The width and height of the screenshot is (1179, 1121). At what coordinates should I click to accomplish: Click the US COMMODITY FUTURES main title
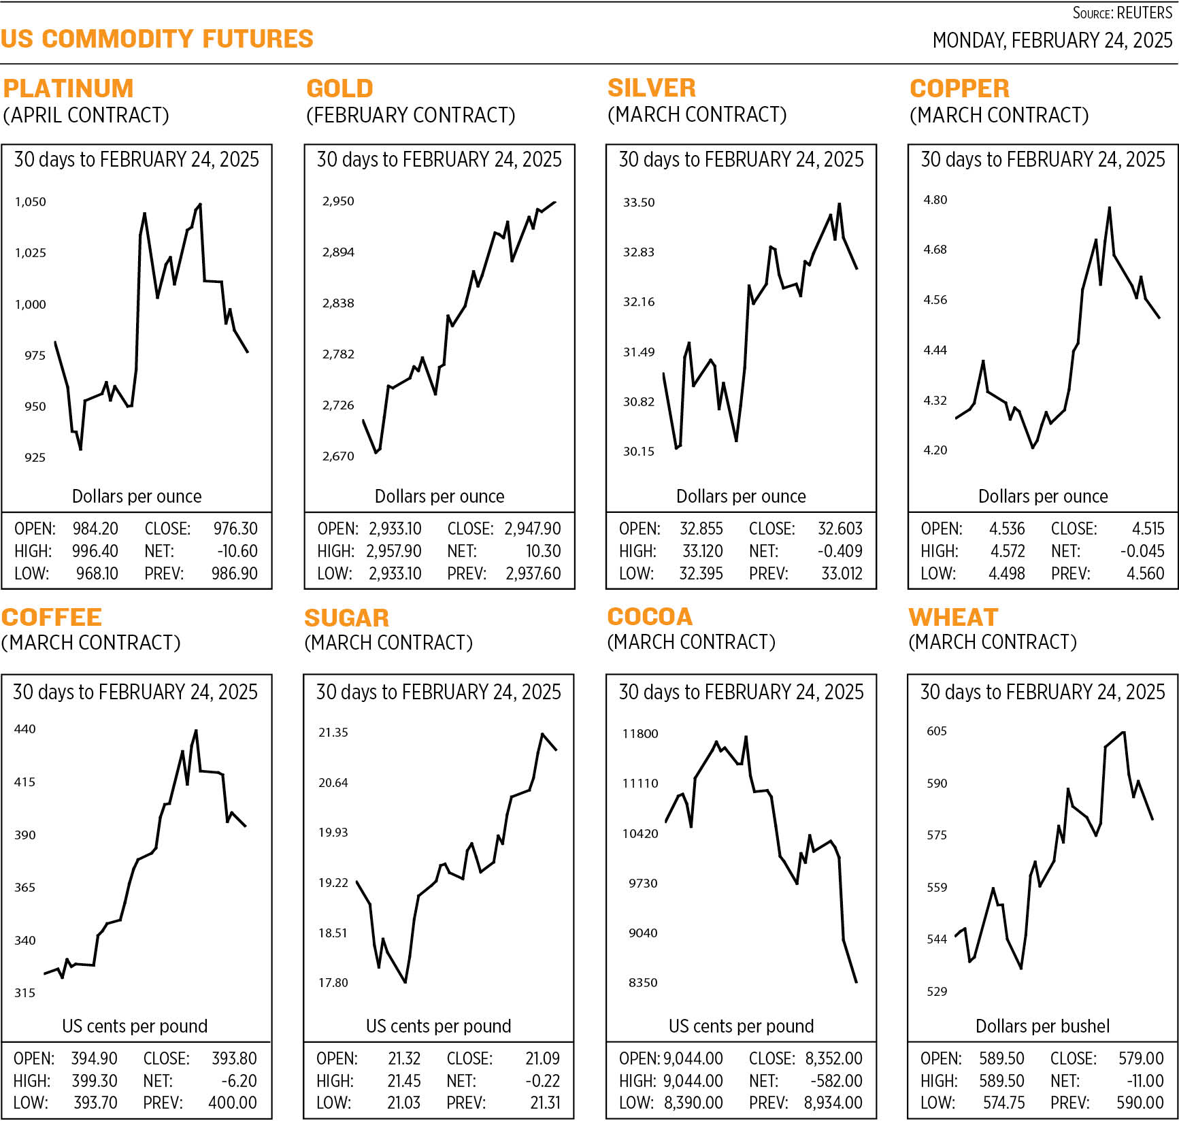coord(157,39)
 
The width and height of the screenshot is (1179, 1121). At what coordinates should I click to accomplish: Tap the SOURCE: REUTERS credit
coord(1122,13)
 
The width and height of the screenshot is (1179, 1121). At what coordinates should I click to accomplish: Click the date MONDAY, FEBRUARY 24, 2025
coord(1052,40)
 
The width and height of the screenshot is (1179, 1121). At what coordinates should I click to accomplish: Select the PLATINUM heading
coord(68,88)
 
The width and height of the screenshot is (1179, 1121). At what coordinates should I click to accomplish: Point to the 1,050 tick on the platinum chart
coord(31,202)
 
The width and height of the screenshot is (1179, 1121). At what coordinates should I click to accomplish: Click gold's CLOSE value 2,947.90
coord(532,529)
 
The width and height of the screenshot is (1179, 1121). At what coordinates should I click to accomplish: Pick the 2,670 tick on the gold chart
coord(338,456)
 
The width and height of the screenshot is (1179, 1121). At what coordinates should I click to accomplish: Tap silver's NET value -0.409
coord(840,551)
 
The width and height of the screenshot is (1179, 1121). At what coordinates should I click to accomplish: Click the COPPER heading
coord(959,88)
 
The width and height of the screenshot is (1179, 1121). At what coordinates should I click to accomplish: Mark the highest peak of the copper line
coord(1110,208)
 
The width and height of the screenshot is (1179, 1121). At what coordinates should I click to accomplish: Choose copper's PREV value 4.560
coord(1145,573)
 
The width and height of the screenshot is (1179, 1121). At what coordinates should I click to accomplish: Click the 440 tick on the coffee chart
coord(25,729)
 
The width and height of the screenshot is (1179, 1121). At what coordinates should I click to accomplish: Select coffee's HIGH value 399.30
coord(94,1081)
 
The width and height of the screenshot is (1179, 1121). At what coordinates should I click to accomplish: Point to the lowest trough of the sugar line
coord(405,982)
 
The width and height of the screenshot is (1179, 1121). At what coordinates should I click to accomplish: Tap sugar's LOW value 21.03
coord(403,1103)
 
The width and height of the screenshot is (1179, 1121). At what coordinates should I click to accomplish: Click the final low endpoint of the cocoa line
coord(856,982)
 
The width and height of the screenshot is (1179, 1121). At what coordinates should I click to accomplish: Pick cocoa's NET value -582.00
coord(836,1081)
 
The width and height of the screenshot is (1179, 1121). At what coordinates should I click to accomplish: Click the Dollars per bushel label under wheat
coord(1042,1026)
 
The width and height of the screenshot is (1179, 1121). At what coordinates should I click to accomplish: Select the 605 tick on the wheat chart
coord(937,731)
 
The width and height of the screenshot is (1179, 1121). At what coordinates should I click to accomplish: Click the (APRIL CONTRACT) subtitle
coord(86,115)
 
